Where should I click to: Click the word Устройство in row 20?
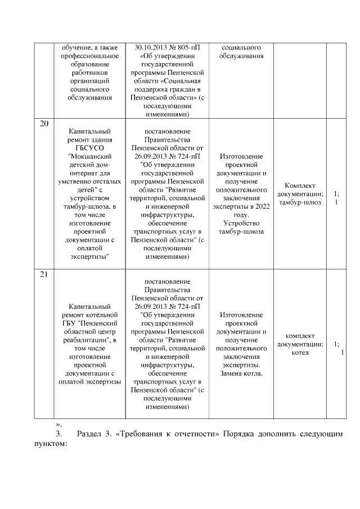(x=241, y=223)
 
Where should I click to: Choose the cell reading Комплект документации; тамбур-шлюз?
(x=300, y=194)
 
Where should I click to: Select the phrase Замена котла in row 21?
(x=241, y=373)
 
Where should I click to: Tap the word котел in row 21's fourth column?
(x=300, y=353)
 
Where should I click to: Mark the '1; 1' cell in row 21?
(x=337, y=348)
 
